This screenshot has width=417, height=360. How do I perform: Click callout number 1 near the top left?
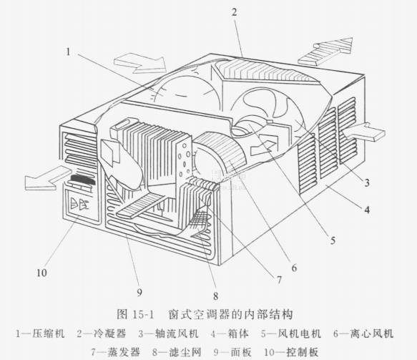click(x=69, y=52)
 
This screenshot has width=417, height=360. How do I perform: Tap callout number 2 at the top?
click(x=234, y=12)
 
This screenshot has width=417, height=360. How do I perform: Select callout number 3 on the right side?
click(x=367, y=183)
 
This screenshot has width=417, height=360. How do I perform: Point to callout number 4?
click(x=367, y=210)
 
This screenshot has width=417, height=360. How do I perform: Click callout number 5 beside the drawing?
click(x=333, y=240)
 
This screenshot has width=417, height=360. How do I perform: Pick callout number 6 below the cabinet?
click(x=294, y=268)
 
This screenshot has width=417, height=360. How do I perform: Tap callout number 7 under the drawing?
click(x=279, y=280)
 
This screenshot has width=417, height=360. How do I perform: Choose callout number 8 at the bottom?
click(x=216, y=296)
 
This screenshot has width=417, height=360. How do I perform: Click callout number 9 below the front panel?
click(x=139, y=293)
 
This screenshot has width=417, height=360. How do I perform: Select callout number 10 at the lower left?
click(x=41, y=273)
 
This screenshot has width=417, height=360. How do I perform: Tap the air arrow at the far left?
click(x=46, y=177)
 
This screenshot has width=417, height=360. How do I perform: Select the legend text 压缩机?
click(x=49, y=334)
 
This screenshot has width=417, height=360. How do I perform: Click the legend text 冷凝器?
click(x=110, y=334)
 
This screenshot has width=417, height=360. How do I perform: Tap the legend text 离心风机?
click(x=371, y=334)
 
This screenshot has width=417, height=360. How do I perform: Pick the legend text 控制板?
click(x=302, y=352)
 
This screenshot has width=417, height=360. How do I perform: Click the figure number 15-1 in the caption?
click(x=143, y=315)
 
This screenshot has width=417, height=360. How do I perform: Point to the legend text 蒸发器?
click(x=124, y=352)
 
